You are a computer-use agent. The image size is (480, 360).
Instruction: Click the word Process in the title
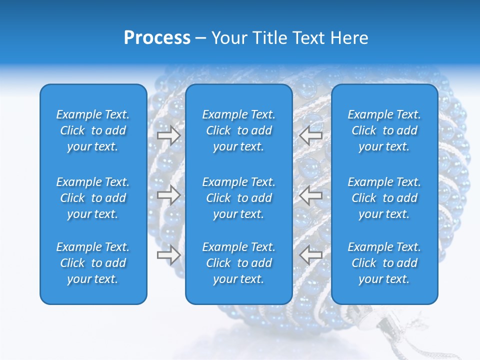[157, 38]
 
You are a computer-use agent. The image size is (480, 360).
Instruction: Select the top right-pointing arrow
[169, 135]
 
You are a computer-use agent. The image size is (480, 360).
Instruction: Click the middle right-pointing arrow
[169, 195]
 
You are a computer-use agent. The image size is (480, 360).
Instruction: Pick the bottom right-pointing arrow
[169, 254]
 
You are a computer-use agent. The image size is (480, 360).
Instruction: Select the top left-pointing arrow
[310, 135]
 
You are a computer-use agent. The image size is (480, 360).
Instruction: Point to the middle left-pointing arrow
[310, 195]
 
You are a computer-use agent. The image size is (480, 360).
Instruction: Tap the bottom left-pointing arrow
[310, 254]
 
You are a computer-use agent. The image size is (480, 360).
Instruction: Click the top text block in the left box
[93, 130]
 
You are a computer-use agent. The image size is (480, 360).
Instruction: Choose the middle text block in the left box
[93, 198]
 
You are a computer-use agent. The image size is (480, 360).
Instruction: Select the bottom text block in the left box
[93, 263]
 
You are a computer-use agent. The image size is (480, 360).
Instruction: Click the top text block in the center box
[238, 130]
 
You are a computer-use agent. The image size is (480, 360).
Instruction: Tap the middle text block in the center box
[238, 198]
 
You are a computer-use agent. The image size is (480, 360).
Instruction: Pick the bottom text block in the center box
[238, 263]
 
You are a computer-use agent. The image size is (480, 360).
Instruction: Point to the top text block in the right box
[384, 130]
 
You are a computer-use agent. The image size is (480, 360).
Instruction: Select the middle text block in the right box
[384, 198]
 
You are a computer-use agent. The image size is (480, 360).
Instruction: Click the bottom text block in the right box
[384, 263]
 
